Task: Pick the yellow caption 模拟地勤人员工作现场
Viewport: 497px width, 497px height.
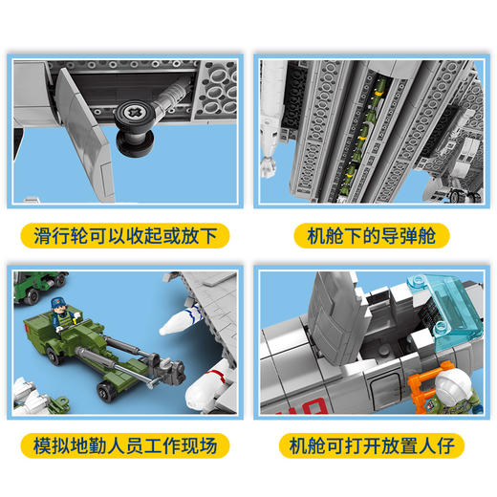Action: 125,446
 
